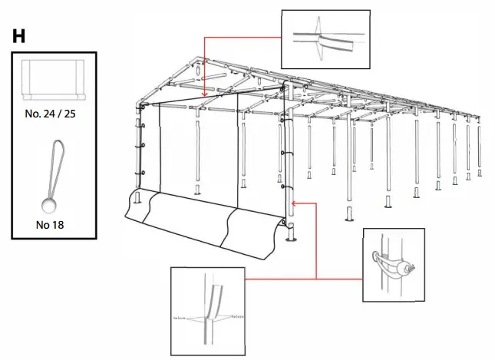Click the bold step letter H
point(19,35)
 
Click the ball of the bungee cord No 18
point(51,206)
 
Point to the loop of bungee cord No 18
point(54,165)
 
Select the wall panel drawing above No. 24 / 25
point(53,80)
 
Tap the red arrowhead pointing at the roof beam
point(205,94)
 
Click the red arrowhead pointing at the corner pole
point(295,203)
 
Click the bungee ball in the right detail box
point(412,269)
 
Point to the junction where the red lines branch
point(316,203)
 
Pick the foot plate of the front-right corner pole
point(291,238)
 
